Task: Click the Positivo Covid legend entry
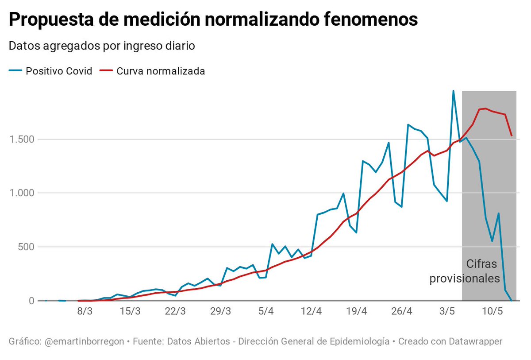coord(58,71)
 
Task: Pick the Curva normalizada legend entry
coord(160,71)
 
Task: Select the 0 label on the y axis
coord(31,301)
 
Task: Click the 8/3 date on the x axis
coord(85,311)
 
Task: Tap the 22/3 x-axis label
coord(175,311)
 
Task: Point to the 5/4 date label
coord(265,311)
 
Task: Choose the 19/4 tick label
coord(356,311)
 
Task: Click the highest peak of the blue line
coord(453,91)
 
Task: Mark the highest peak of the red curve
coord(485,108)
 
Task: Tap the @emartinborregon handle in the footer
coord(85,342)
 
